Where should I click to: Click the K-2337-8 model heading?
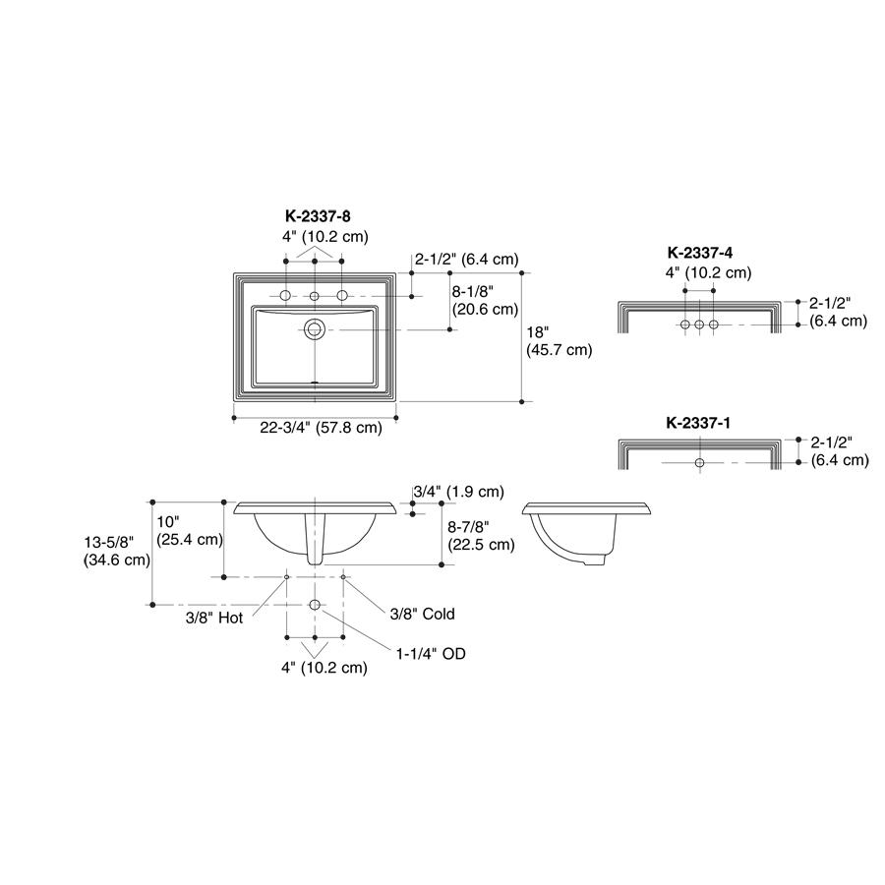pos(318,215)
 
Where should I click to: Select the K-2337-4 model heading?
pos(700,253)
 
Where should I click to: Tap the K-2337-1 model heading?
pos(698,423)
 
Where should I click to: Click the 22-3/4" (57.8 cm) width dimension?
pos(321,428)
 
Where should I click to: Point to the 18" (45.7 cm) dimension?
pos(560,341)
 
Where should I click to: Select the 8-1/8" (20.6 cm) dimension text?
pos(486,300)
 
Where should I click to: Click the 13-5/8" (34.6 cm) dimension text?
pos(117,551)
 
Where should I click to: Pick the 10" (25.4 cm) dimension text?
pos(190,530)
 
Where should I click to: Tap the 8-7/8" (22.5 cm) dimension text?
pos(481,536)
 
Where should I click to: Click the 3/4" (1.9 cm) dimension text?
pos(458,492)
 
